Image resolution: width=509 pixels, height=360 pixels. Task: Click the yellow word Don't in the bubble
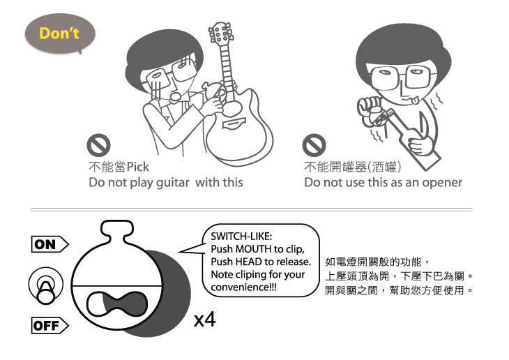point(59,33)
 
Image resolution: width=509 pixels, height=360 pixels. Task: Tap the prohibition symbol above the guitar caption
point(98,145)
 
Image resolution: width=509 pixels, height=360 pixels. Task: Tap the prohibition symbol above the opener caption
point(314,145)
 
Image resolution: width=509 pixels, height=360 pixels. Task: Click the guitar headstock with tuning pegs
point(221,33)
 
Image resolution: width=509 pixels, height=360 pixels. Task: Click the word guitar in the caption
point(172,183)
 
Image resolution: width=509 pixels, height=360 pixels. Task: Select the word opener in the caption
point(442,183)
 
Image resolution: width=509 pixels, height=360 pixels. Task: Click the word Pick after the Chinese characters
point(137,167)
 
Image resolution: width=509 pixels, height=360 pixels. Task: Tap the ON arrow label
point(50,244)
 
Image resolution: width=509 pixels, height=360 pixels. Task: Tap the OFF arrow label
point(50,326)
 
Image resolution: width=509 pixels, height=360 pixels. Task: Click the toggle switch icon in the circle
point(46,285)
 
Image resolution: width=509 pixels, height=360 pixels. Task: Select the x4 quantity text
point(204,320)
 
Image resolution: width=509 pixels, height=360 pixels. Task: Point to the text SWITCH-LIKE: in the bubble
point(241,237)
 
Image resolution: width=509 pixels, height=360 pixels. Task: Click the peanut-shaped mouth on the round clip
point(117,303)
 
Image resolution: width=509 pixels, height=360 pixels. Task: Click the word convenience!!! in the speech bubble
point(243,287)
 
